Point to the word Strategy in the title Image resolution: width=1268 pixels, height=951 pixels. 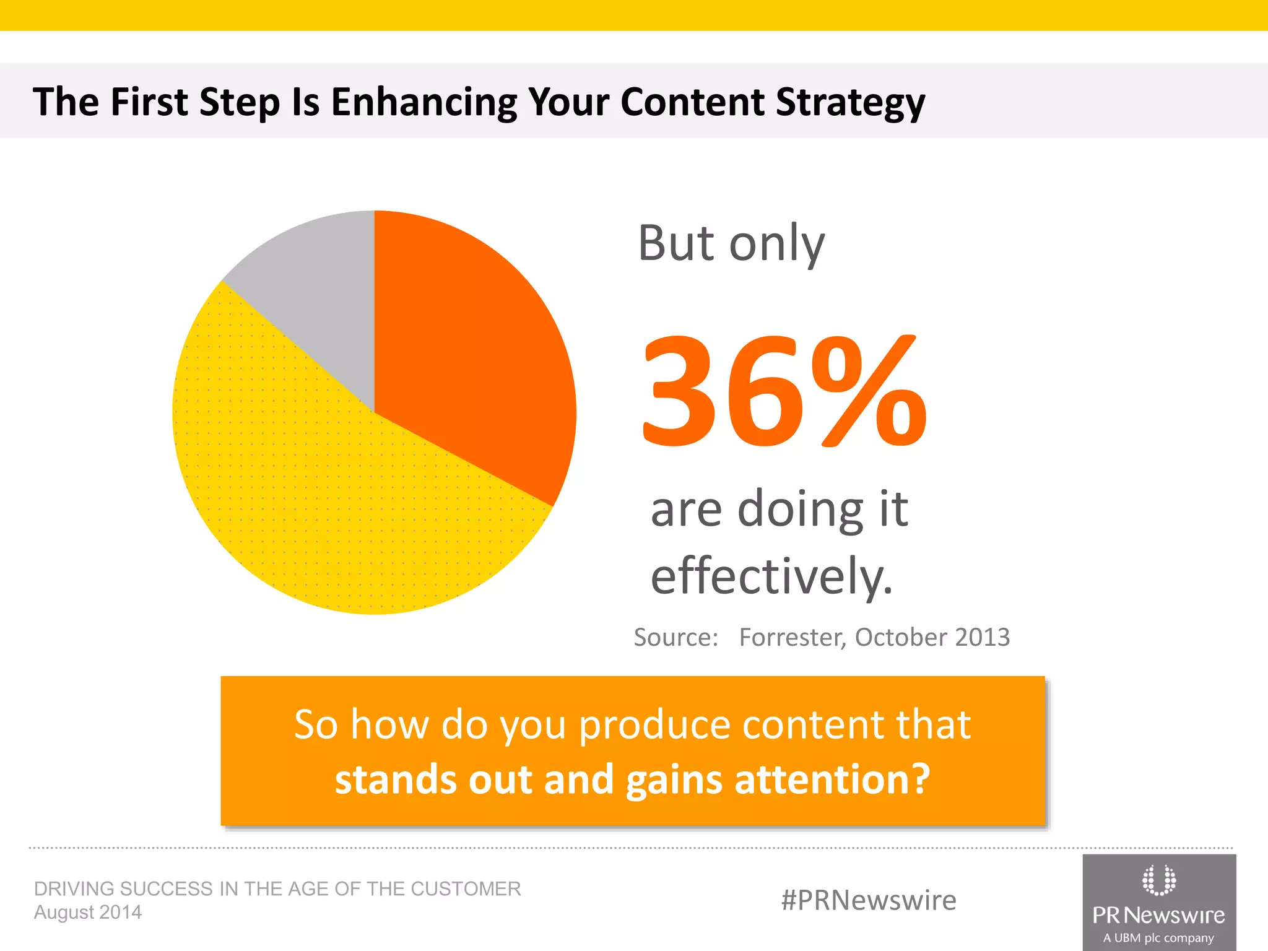[850, 102]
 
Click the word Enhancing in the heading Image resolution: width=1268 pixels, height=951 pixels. [424, 102]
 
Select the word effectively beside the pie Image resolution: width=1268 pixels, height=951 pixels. [771, 576]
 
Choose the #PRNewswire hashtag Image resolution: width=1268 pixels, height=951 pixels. [869, 900]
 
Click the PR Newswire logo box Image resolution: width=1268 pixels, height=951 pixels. [1159, 902]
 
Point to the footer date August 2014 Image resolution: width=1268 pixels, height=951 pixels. [88, 913]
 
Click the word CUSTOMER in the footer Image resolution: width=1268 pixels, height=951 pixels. [466, 888]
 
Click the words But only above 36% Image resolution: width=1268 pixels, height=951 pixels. [731, 243]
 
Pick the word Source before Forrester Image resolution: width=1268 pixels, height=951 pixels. [675, 637]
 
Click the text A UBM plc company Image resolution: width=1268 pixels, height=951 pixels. [1158, 938]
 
